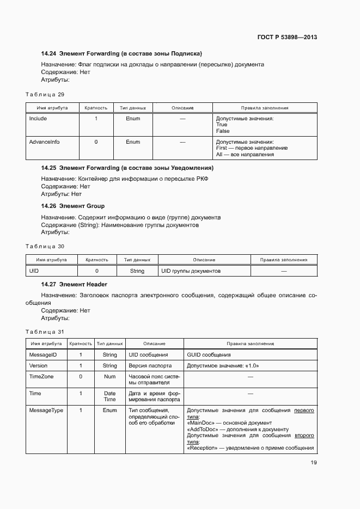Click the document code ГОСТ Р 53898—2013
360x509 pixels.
287,38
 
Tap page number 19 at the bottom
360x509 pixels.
314,463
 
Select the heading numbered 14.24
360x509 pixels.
121,53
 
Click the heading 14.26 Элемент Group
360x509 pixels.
73,206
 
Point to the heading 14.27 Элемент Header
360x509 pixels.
74,284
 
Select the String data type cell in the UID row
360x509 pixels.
137,271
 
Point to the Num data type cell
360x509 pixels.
109,376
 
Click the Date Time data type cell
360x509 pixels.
109,396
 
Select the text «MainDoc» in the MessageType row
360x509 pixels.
201,422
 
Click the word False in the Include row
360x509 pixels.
223,131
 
